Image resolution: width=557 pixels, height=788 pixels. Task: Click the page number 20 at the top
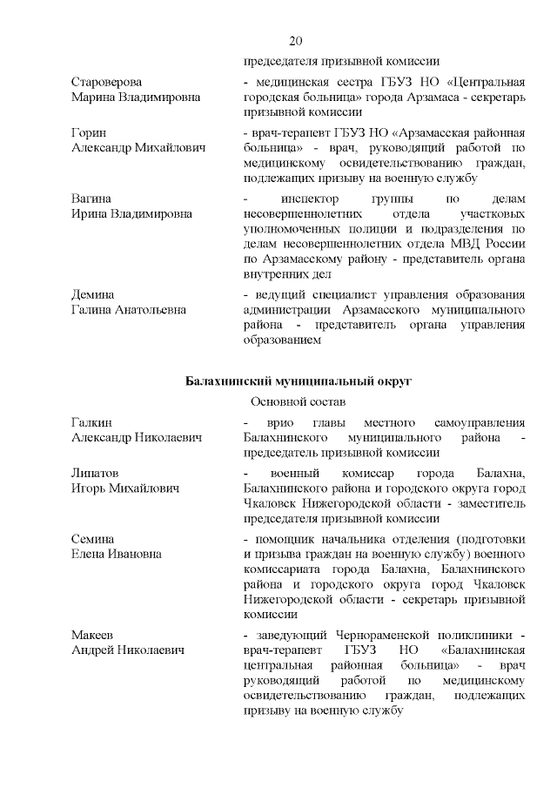294,41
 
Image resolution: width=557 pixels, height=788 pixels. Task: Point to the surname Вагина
91,199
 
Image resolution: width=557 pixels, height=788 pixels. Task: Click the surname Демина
93,294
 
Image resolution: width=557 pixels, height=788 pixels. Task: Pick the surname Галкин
91,421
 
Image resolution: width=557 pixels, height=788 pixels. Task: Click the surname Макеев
92,635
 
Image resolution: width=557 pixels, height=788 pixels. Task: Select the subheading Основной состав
298,402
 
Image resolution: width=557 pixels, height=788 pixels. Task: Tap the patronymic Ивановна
135,554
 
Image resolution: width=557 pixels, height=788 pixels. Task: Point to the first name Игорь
91,488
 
